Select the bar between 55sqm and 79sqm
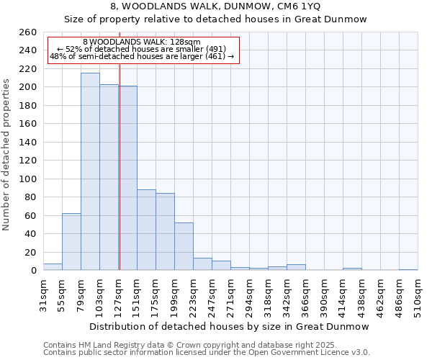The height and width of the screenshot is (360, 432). point(71,242)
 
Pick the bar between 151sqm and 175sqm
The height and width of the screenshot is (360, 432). point(146,230)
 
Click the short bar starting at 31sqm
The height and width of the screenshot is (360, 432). point(53,267)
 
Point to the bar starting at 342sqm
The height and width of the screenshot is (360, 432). point(296,267)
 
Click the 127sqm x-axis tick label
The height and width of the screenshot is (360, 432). point(118,294)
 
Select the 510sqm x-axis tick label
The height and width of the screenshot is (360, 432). point(418,294)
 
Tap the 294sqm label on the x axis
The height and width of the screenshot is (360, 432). point(249,294)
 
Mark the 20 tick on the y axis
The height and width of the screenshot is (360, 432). point(31,252)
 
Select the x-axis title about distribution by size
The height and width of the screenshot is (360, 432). point(230,326)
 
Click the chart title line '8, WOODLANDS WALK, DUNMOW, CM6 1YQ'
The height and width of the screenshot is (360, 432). point(215,6)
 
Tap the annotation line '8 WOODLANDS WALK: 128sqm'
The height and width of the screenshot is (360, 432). point(142,42)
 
